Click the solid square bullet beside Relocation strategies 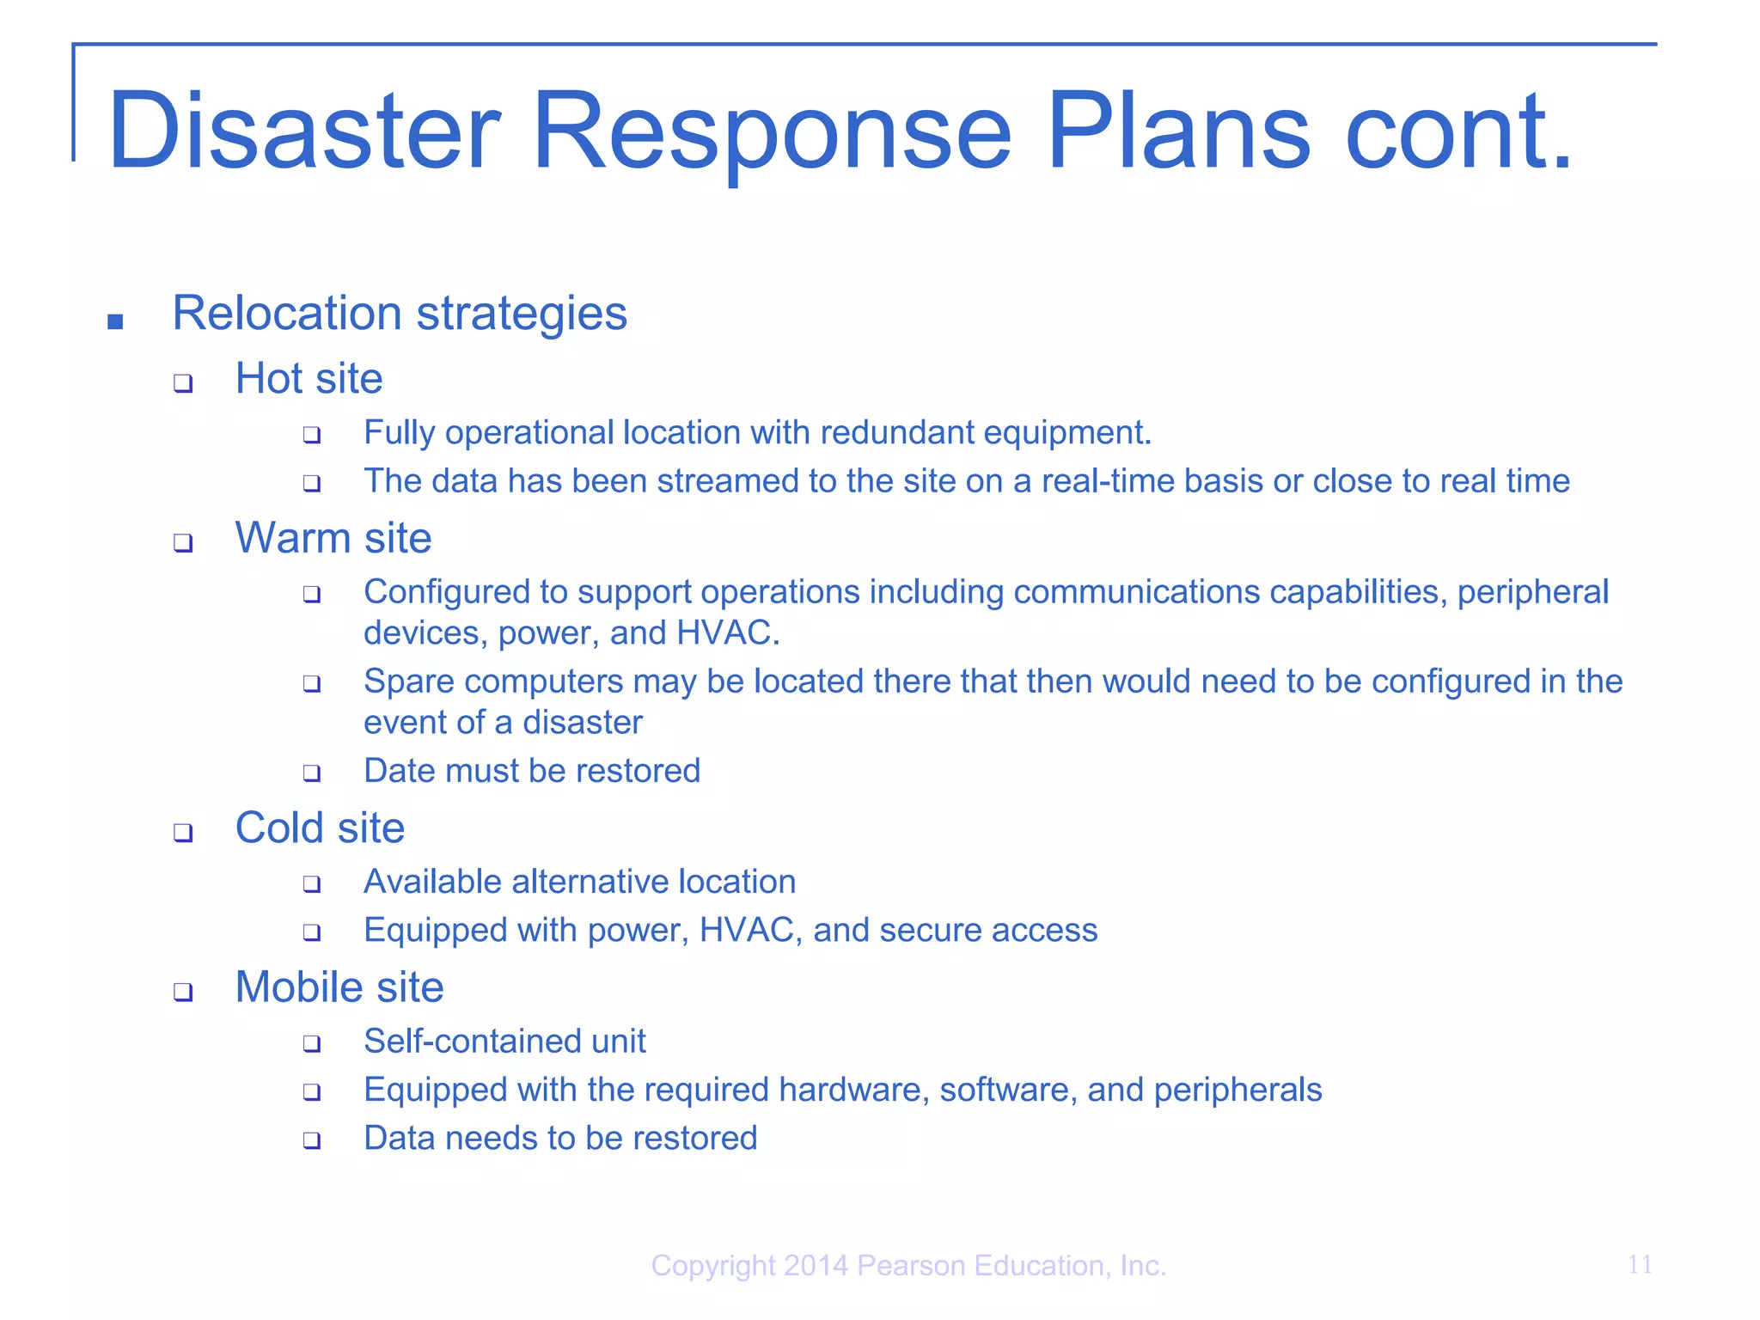click(x=115, y=322)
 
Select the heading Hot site click(x=309, y=378)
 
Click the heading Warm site click(x=333, y=538)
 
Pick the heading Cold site click(x=320, y=828)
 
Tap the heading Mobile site click(x=339, y=987)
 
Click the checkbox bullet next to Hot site click(x=183, y=383)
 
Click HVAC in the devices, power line click(x=727, y=633)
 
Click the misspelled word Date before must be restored click(x=400, y=771)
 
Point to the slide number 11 click(x=1639, y=1264)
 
